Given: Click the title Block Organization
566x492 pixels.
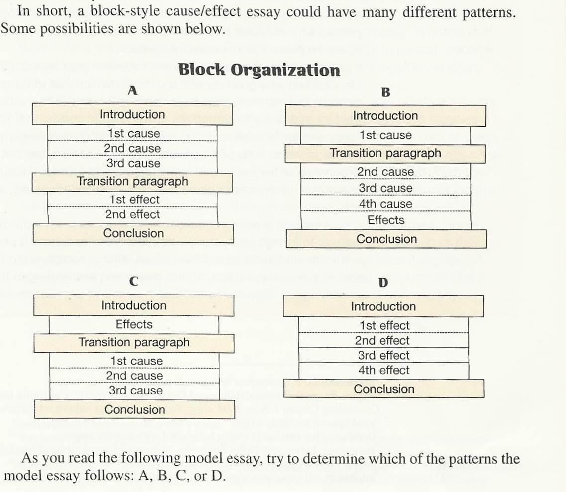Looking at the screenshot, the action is tap(259, 70).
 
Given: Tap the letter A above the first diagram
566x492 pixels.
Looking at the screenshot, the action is tap(132, 90).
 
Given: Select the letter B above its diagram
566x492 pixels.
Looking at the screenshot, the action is tap(385, 93).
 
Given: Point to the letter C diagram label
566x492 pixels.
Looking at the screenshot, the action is tap(134, 281).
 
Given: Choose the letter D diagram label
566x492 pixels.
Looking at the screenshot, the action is tap(383, 282).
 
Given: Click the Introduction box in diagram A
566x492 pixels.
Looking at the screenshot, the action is tap(132, 114).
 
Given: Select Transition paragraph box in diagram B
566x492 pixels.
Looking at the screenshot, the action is tap(385, 153).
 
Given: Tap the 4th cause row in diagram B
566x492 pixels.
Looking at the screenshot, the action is tap(385, 203).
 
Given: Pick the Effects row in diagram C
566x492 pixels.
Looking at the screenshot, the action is tap(134, 324).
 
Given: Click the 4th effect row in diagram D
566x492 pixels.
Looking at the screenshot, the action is tap(383, 370).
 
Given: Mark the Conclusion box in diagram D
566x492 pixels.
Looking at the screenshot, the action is tap(384, 389).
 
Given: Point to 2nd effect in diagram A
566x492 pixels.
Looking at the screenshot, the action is tap(132, 215).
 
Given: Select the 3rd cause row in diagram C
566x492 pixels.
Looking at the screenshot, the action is tap(135, 391).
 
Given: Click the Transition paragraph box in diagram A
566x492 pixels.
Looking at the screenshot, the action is tap(132, 182).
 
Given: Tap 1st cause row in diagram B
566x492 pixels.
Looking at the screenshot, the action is tap(385, 135).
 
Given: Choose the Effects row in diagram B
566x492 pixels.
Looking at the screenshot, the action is tap(386, 220).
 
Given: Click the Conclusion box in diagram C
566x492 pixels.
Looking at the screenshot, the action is tap(135, 410).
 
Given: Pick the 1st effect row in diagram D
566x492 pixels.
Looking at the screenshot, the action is tap(383, 325).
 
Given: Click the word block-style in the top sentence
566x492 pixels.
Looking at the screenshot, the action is tap(124, 11).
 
